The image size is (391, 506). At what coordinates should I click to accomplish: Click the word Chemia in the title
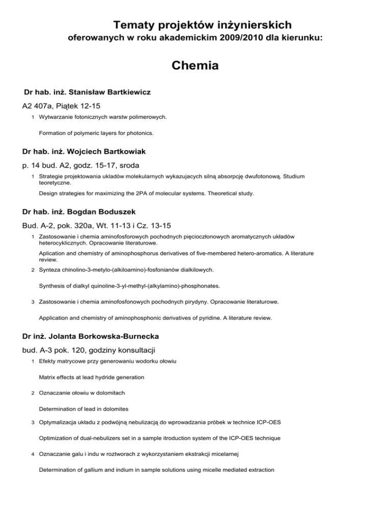pyautogui.click(x=195, y=66)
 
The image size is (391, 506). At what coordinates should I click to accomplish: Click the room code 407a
pyautogui.click(x=49, y=107)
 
